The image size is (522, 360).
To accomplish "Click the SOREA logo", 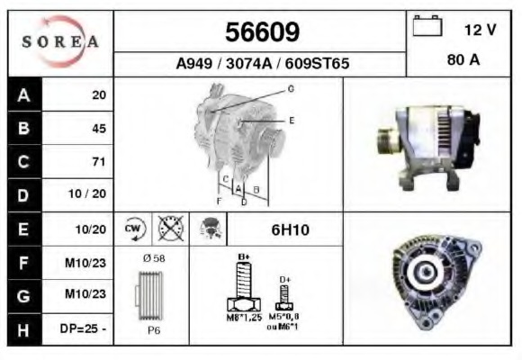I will click(x=60, y=42).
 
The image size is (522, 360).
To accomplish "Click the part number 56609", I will click(x=262, y=33).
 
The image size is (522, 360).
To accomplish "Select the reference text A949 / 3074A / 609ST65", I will click(x=262, y=64).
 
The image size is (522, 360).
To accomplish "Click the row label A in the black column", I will click(x=23, y=94).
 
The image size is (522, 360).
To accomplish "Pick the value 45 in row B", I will click(x=98, y=128).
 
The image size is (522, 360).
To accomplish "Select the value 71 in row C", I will click(x=98, y=162).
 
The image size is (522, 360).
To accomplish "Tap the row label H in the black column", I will click(x=23, y=329).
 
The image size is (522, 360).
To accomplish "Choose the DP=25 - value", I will click(x=84, y=329).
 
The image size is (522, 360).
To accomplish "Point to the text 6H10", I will click(x=291, y=229).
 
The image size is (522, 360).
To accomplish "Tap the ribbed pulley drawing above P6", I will click(x=153, y=297).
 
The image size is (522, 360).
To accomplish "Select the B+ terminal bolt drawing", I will click(x=242, y=288).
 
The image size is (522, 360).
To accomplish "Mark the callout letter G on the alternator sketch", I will click(x=291, y=88).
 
